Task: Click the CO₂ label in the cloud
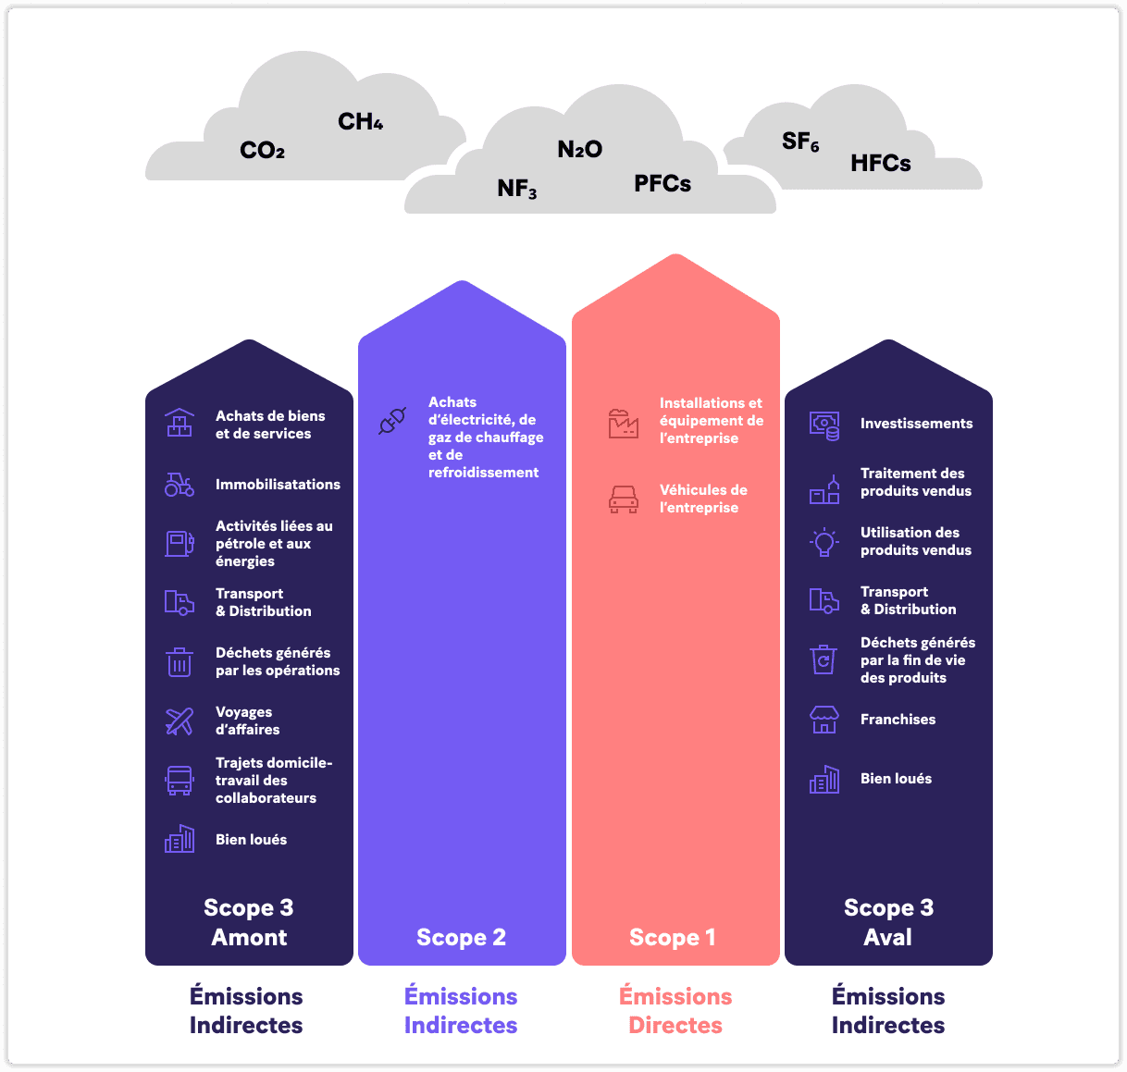262,151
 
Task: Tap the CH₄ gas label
360,122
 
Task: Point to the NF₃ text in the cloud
516,189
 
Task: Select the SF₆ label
800,142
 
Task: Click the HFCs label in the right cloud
880,164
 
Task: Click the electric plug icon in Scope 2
392,421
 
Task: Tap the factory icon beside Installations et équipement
624,423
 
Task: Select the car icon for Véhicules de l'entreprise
624,499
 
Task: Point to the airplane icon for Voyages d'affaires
180,721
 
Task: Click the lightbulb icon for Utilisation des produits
824,542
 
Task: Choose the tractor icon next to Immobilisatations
180,485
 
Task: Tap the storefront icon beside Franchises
824,720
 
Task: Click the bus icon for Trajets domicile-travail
180,781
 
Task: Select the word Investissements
916,424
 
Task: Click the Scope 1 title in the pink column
672,938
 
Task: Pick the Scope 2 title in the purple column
461,938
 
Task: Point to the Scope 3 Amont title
248,922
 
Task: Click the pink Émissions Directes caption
675,1011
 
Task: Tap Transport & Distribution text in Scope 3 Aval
908,601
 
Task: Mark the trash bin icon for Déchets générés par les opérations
180,662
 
